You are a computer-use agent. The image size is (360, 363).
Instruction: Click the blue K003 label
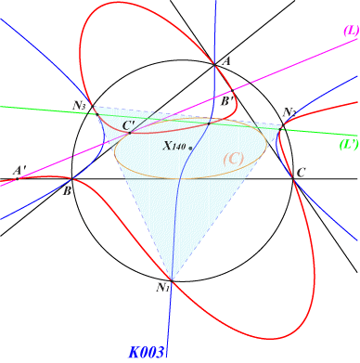[x=146, y=352]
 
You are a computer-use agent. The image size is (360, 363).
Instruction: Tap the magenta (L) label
[x=351, y=31]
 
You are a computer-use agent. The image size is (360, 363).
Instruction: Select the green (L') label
[x=349, y=145]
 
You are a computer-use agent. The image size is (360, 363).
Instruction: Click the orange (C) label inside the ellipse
[x=234, y=159]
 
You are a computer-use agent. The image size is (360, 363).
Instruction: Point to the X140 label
[x=174, y=146]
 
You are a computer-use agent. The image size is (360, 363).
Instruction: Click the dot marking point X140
[x=190, y=149]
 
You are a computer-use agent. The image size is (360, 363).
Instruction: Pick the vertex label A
[x=226, y=61]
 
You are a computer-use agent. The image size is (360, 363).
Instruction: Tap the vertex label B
[x=67, y=191]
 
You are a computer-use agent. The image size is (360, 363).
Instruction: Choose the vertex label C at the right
[x=301, y=173]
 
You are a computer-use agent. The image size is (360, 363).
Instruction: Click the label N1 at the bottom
[x=162, y=288]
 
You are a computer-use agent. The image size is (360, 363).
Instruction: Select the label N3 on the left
[x=79, y=106]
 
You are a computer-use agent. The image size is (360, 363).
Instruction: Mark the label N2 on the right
[x=289, y=112]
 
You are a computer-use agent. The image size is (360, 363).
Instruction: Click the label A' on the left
[x=19, y=170]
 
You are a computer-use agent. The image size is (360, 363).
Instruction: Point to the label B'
[x=226, y=101]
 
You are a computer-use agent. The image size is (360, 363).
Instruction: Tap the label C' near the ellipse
[x=128, y=125]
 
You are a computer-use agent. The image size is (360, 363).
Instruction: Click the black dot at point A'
[x=18, y=179]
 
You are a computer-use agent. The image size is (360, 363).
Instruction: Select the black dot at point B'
[x=232, y=91]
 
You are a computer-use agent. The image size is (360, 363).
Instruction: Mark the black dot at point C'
[x=130, y=133]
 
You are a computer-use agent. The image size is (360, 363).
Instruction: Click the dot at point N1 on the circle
[x=172, y=281]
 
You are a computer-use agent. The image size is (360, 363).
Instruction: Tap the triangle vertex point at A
[x=214, y=64]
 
